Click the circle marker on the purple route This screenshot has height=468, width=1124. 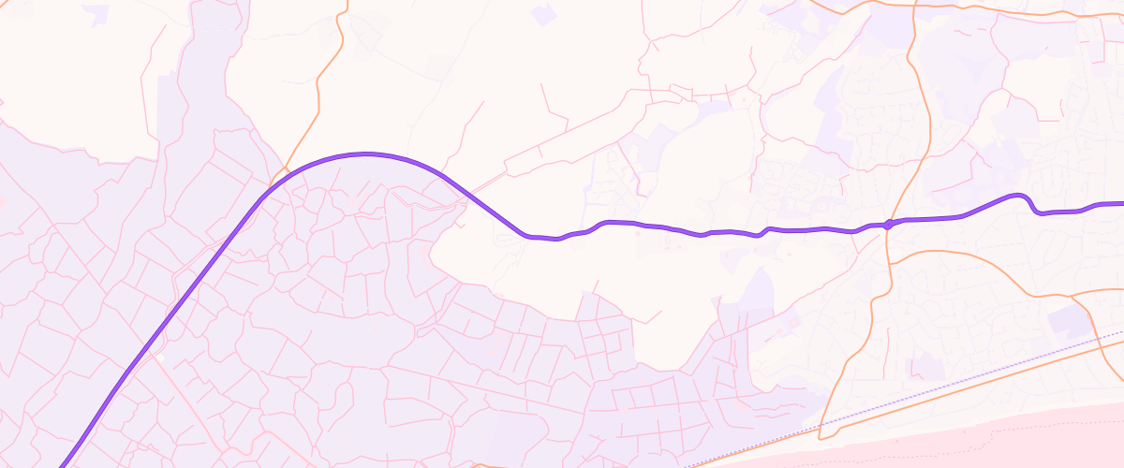click(888, 223)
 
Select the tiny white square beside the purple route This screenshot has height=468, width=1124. click(160, 358)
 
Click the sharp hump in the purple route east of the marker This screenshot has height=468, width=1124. click(1019, 196)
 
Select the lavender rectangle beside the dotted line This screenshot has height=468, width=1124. click(1069, 320)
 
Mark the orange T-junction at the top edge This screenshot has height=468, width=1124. click(913, 5)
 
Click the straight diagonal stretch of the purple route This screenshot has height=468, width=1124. click(159, 328)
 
